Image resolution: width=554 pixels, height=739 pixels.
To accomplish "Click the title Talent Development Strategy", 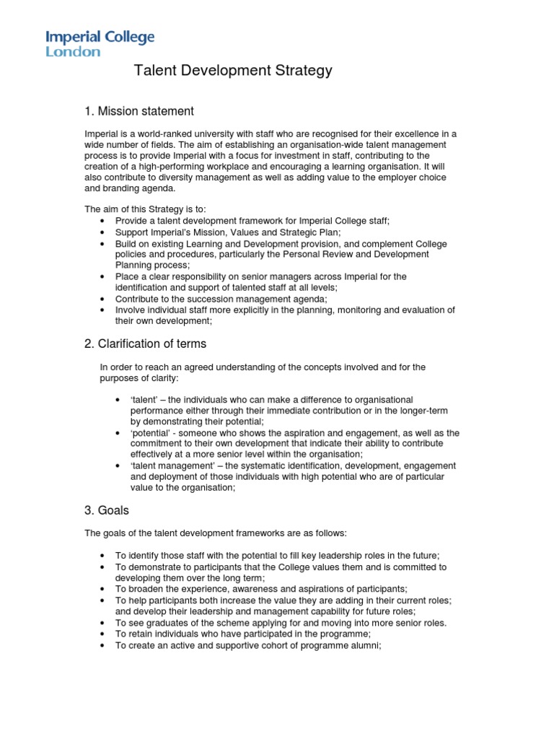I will tap(233, 71).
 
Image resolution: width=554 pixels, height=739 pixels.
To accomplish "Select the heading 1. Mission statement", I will tap(139, 111).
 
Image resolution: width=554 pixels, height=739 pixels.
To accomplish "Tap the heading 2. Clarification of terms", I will tap(146, 344).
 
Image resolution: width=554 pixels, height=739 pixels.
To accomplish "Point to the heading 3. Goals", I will tap(107, 510).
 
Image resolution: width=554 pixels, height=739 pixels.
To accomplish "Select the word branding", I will tap(128, 188).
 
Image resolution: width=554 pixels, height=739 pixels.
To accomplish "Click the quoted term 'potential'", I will tap(150, 432).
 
